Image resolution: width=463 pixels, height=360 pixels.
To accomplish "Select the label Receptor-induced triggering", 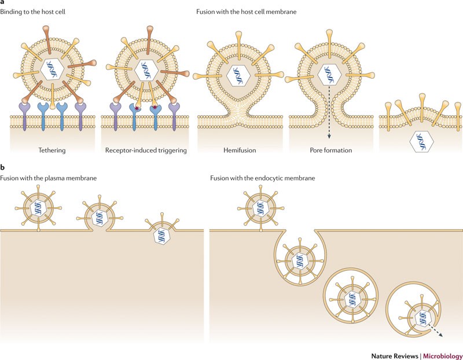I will (x=145, y=150).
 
